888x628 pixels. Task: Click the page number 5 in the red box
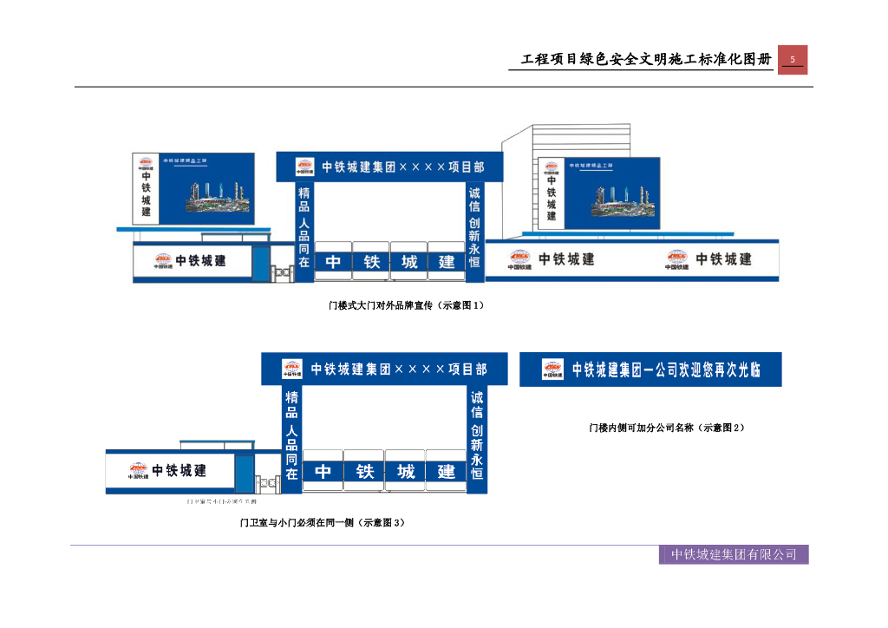point(792,60)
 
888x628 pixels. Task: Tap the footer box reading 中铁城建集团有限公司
point(734,554)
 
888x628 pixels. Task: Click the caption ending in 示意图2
point(666,428)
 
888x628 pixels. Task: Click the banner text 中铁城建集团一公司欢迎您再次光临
point(666,370)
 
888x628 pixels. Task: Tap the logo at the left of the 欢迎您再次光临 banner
point(552,370)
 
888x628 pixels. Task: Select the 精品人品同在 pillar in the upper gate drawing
point(304,230)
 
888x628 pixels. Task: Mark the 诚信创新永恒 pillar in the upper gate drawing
point(474,230)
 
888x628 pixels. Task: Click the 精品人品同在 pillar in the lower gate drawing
point(292,439)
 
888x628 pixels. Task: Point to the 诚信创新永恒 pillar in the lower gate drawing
point(477,439)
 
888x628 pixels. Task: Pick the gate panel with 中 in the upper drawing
point(333,261)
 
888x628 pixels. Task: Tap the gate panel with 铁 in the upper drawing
point(371,261)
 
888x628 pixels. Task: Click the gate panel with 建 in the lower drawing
point(447,471)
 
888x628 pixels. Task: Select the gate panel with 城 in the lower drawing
point(406,471)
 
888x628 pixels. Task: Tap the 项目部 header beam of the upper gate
point(389,167)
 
